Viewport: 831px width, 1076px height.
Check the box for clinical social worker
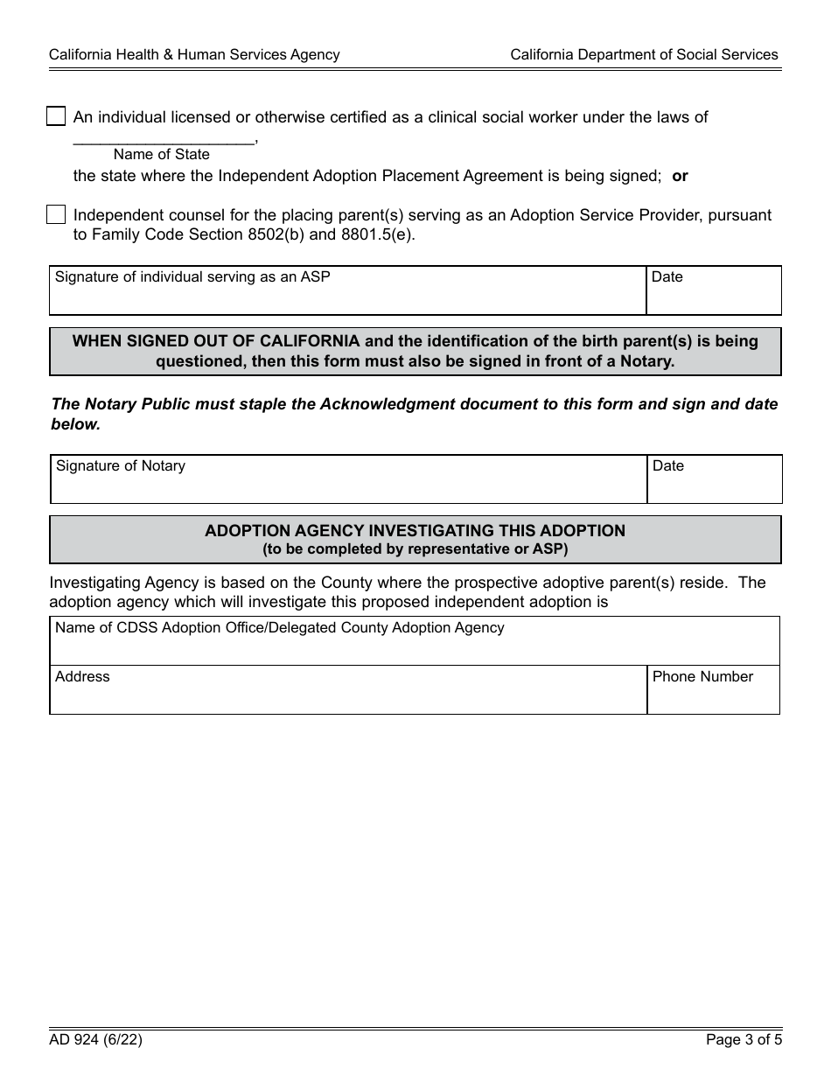pyautogui.click(x=56, y=116)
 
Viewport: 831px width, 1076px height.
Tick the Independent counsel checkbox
pyautogui.click(x=56, y=214)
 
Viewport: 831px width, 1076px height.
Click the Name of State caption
pyautogui.click(x=162, y=155)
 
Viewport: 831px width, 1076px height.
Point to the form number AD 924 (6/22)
pyautogui.click(x=95, y=1040)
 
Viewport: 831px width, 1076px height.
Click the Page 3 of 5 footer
pyautogui.click(x=744, y=1040)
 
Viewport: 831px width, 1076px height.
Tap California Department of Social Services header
pyautogui.click(x=644, y=54)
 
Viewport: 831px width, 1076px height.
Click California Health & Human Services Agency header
pyautogui.click(x=194, y=54)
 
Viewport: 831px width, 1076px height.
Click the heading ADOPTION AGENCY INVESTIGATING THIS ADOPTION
pyautogui.click(x=415, y=530)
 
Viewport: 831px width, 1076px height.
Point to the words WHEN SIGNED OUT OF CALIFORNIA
pyautogui.click(x=215, y=341)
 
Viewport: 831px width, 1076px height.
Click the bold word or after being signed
pyautogui.click(x=680, y=176)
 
